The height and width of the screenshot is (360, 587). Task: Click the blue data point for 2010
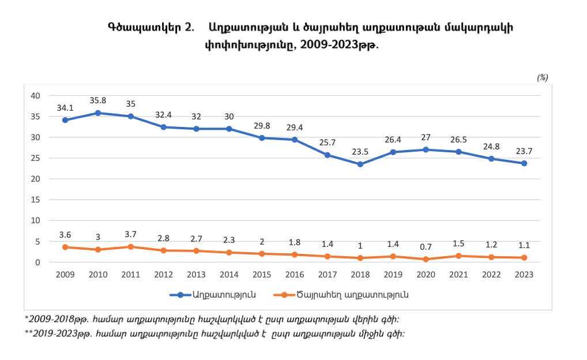pyautogui.click(x=98, y=113)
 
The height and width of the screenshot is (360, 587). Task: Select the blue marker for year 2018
pyautogui.click(x=360, y=164)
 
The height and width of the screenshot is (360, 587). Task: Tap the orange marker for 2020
pyautogui.click(x=426, y=259)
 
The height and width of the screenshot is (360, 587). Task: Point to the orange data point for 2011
pyautogui.click(x=131, y=246)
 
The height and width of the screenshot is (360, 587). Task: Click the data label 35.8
pyautogui.click(x=98, y=101)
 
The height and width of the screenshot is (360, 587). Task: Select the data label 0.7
pyautogui.click(x=426, y=246)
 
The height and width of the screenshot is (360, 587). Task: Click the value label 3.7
pyautogui.click(x=131, y=234)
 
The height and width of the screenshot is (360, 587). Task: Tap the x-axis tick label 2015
pyautogui.click(x=262, y=275)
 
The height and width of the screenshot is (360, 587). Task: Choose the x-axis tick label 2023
pyautogui.click(x=524, y=275)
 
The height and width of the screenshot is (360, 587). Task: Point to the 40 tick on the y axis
pyautogui.click(x=35, y=96)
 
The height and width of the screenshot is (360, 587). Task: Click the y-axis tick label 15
pyautogui.click(x=35, y=200)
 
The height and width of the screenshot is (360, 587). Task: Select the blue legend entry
pyautogui.click(x=213, y=294)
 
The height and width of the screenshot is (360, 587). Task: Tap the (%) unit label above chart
pyautogui.click(x=542, y=77)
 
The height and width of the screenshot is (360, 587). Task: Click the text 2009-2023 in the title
pyautogui.click(x=326, y=44)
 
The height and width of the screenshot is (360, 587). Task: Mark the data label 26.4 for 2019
pyautogui.click(x=393, y=140)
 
